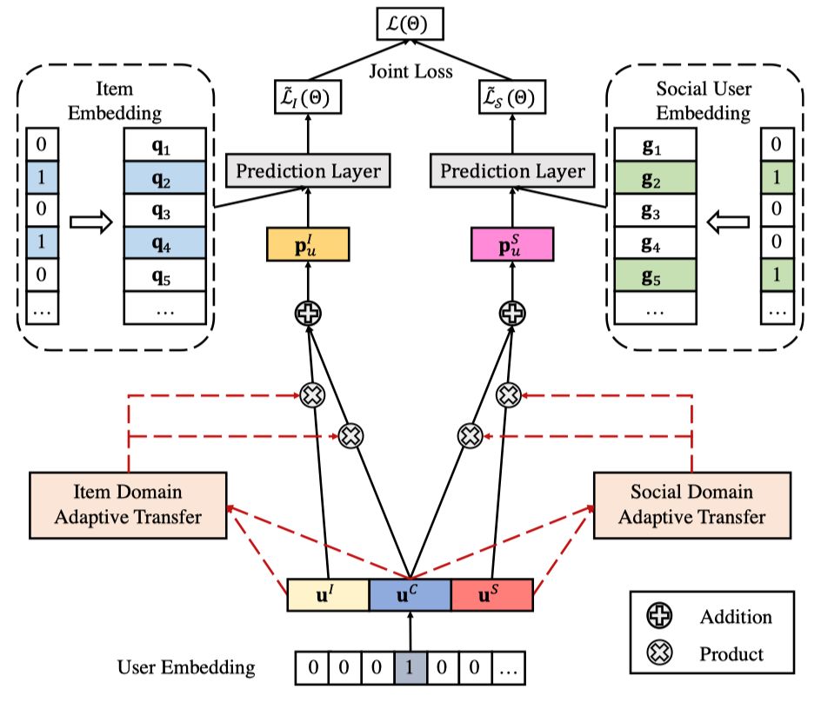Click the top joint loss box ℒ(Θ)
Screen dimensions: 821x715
pyautogui.click(x=410, y=23)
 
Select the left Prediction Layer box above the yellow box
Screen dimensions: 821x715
pyautogui.click(x=308, y=170)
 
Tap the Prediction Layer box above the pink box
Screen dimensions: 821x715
pyautogui.click(x=512, y=170)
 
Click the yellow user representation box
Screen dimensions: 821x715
pyautogui.click(x=308, y=244)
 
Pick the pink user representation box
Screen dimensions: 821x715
pyautogui.click(x=512, y=244)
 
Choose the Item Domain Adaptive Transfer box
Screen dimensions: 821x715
pyautogui.click(x=128, y=506)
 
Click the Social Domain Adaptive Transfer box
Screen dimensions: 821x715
pyautogui.click(x=692, y=506)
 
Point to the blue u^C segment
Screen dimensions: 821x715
pyautogui.click(x=410, y=595)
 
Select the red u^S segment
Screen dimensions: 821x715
pyautogui.click(x=492, y=595)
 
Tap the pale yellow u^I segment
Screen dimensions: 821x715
pyautogui.click(x=328, y=595)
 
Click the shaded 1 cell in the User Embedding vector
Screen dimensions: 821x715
pyautogui.click(x=410, y=667)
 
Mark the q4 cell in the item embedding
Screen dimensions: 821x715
pyautogui.click(x=164, y=242)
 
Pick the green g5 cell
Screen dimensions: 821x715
pyautogui.click(x=655, y=275)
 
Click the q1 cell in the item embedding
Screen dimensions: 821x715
pyautogui.click(x=164, y=145)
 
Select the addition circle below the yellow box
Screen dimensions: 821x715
pyautogui.click(x=308, y=314)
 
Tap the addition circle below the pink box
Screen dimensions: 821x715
pyautogui.click(x=512, y=314)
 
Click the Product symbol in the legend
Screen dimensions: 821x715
pyautogui.click(x=660, y=652)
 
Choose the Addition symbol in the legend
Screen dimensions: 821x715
pyautogui.click(x=660, y=615)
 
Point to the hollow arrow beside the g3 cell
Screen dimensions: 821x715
pyautogui.click(x=728, y=222)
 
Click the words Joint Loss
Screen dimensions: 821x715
pyautogui.click(x=411, y=71)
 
